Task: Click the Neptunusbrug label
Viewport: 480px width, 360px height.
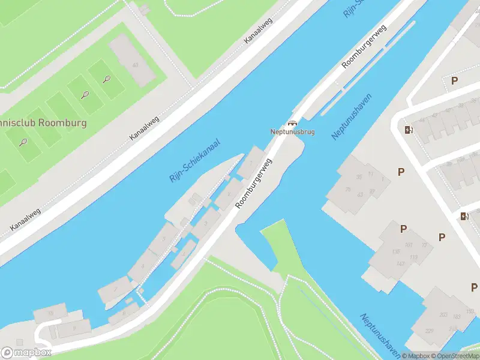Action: click(292, 131)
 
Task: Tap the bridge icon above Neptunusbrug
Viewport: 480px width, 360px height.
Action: click(292, 122)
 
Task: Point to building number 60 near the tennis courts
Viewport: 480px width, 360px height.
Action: click(136, 65)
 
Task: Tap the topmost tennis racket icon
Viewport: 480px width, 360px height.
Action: click(107, 79)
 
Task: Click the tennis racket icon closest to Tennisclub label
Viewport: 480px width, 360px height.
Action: click(23, 142)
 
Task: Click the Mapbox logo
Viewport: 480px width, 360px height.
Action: click(26, 353)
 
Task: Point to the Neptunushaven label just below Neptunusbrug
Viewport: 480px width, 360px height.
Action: click(351, 117)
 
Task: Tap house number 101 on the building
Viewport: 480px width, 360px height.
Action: click(409, 245)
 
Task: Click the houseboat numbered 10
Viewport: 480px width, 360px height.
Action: click(50, 313)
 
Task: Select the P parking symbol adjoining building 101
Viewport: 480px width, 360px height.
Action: click(404, 229)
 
